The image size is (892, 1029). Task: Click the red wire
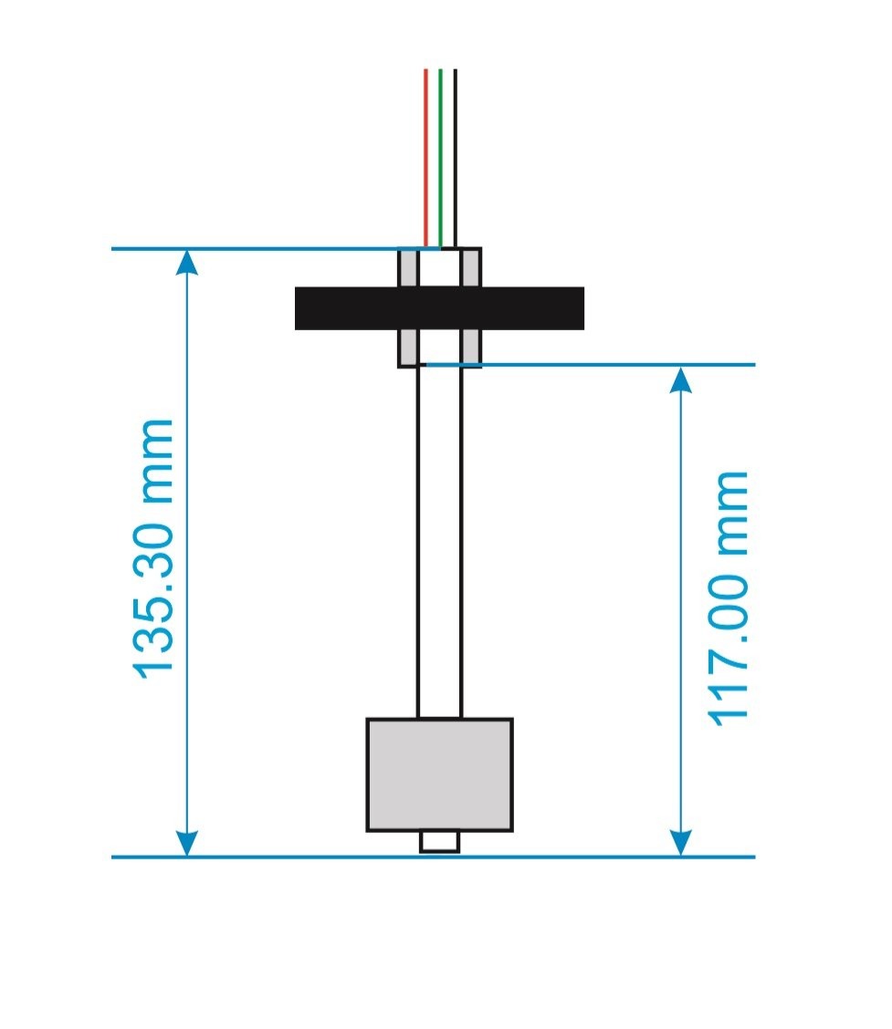click(425, 155)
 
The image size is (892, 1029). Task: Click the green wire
click(440, 155)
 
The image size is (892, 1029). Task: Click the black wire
click(455, 155)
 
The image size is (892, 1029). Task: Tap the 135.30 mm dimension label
click(153, 548)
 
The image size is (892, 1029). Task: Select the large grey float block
click(439, 774)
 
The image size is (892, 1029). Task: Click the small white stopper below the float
click(439, 841)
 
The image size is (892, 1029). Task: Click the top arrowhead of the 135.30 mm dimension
click(186, 263)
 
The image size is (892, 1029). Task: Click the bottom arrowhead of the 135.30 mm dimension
click(186, 844)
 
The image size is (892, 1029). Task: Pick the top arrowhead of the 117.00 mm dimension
click(680, 379)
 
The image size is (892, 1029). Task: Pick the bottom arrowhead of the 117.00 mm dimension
click(680, 844)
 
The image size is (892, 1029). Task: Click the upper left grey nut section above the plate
click(408, 269)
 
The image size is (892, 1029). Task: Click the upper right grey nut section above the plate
click(470, 269)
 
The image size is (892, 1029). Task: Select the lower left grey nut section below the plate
click(408, 347)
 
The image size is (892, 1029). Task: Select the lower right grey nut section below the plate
click(470, 347)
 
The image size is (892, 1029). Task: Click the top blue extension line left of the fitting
click(256, 248)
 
